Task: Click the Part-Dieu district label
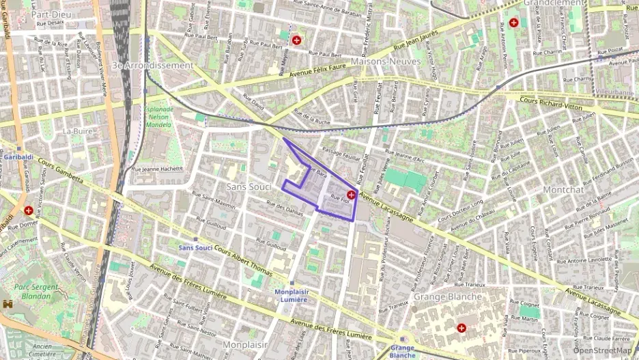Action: (x=53, y=14)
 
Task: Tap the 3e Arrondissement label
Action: (x=152, y=65)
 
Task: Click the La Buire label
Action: (x=77, y=130)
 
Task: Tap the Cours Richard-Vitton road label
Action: (x=550, y=104)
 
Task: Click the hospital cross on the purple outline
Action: (x=351, y=195)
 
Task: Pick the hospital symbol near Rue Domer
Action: (x=28, y=211)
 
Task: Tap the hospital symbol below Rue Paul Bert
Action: (x=296, y=40)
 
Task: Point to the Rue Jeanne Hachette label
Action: (x=158, y=169)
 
